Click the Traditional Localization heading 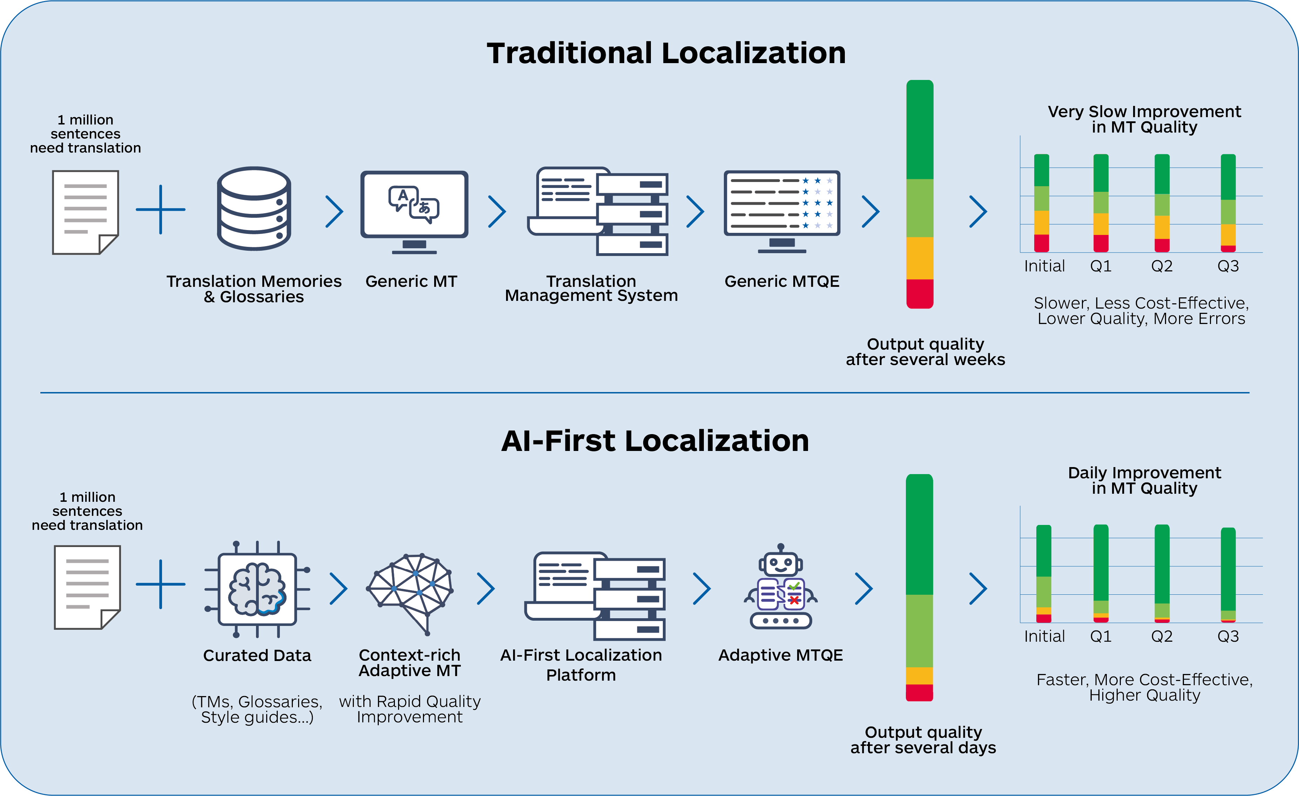[666, 53]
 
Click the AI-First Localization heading [655, 441]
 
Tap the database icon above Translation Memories [254, 208]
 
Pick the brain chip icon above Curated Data [257, 589]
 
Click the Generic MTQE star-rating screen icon [782, 209]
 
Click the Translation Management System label [591, 288]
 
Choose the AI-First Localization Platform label [581, 665]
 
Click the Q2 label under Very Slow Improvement [1162, 266]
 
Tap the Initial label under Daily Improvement [1044, 636]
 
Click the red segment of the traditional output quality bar [920, 293]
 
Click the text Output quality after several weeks [925, 352]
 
